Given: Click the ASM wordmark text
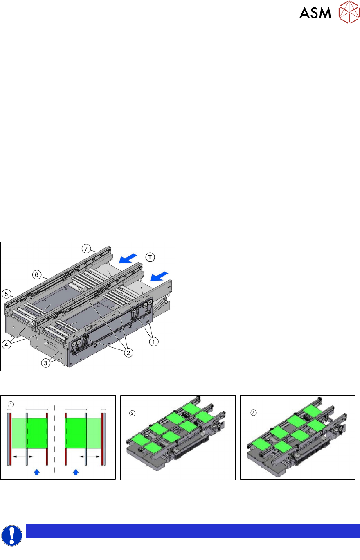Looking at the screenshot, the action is tap(315, 13).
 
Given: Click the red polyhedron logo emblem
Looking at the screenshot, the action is tap(349, 12).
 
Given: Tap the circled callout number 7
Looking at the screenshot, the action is tap(86, 249).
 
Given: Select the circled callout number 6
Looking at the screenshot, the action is tap(37, 275).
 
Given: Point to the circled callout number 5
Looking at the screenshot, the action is tap(6, 294).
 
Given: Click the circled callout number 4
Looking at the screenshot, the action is tap(6, 345).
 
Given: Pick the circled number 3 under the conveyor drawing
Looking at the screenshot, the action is tap(45, 363).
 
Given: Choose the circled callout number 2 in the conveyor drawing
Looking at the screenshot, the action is tap(128, 353).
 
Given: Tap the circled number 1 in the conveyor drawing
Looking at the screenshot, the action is tap(154, 342).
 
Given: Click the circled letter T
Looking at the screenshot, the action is tap(150, 257).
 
